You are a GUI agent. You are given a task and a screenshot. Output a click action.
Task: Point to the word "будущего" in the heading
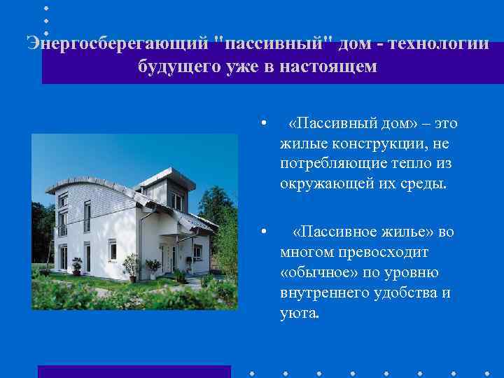[x=178, y=67]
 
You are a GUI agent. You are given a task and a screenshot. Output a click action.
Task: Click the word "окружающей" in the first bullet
[x=322, y=185]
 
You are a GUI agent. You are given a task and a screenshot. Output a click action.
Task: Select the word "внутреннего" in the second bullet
[x=323, y=292]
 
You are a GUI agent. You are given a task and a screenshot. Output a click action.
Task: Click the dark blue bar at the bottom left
[x=134, y=371]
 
